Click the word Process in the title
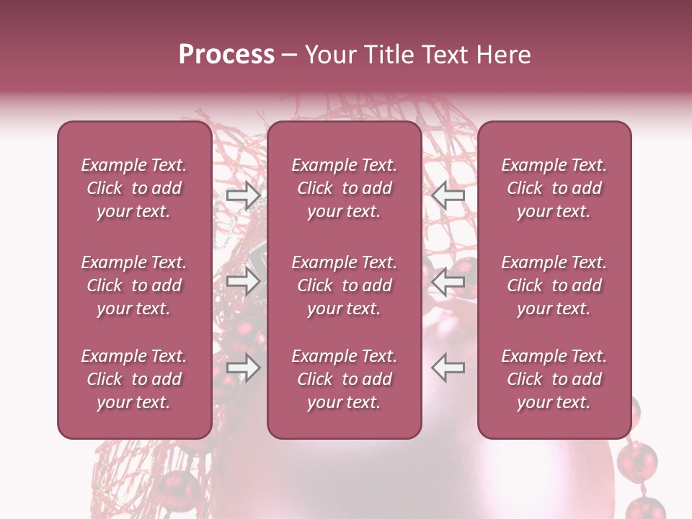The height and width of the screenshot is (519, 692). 226,55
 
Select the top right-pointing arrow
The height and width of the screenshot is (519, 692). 243,195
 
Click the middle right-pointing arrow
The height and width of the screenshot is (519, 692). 243,281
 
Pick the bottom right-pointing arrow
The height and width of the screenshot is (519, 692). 243,368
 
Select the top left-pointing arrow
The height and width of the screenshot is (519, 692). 448,195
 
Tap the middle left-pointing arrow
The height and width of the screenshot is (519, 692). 448,281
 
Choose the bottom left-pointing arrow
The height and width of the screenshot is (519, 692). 448,368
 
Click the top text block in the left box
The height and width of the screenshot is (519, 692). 134,188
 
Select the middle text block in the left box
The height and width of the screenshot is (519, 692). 134,285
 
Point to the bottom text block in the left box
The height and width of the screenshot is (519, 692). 134,379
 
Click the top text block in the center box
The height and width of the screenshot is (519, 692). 345,188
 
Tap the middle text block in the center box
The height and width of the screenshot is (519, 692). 345,285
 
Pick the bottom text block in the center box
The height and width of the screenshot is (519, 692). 345,379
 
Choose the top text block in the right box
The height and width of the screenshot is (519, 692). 554,188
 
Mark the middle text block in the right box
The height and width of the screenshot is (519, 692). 554,285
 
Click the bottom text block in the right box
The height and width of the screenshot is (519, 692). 554,379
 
